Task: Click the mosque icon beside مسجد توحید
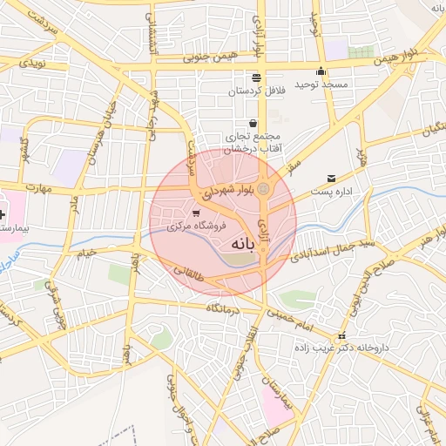click(321, 71)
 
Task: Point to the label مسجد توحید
click(320, 84)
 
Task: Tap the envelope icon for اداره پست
click(331, 178)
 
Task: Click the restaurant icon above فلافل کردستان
click(256, 78)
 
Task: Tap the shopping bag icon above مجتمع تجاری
click(253, 124)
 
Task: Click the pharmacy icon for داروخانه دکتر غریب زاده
click(341, 335)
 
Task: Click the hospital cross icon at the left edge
click(3, 213)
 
